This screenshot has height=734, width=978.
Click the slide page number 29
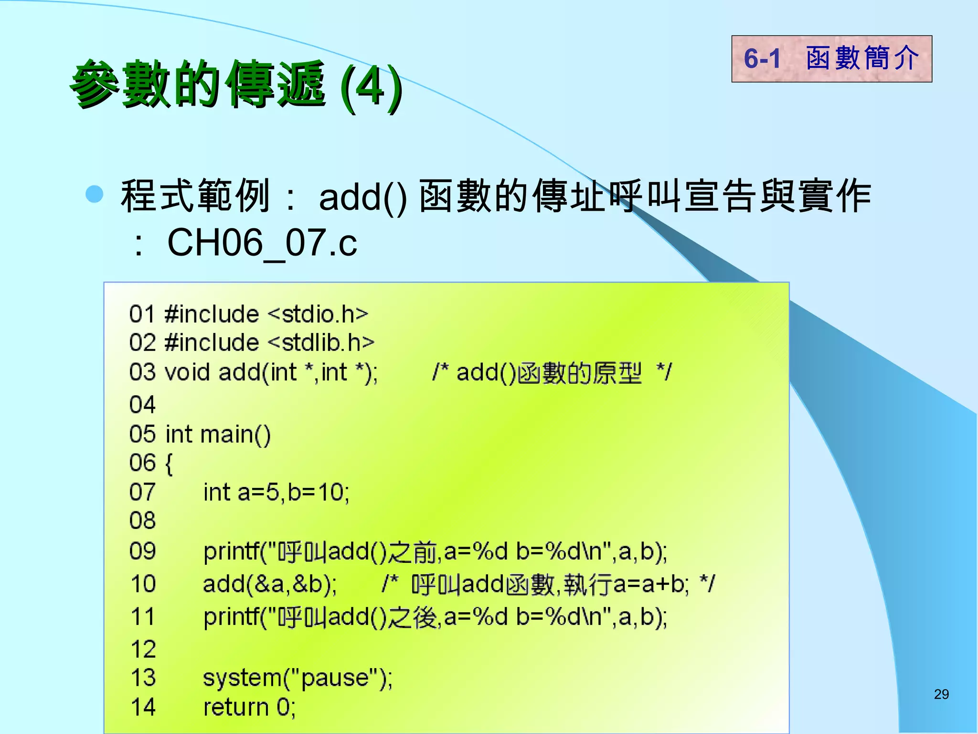coord(941,694)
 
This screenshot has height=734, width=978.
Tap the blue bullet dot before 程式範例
coord(95,194)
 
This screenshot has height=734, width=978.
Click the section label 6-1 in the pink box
coord(762,59)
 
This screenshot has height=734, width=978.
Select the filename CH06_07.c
coord(262,242)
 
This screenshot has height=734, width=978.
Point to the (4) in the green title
coord(371,86)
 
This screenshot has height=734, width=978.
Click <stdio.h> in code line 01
coord(318,314)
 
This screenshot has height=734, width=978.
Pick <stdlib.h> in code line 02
coord(321,343)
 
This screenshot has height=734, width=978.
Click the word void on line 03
coord(187,372)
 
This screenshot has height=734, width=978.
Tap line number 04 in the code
coord(142,405)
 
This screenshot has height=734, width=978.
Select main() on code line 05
coord(235,434)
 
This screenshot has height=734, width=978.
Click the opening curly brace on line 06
coord(168,464)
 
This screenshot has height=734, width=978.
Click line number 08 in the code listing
coord(142,520)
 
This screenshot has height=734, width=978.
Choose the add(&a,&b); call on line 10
coord(270,584)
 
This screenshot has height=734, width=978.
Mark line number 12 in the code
coord(143,649)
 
